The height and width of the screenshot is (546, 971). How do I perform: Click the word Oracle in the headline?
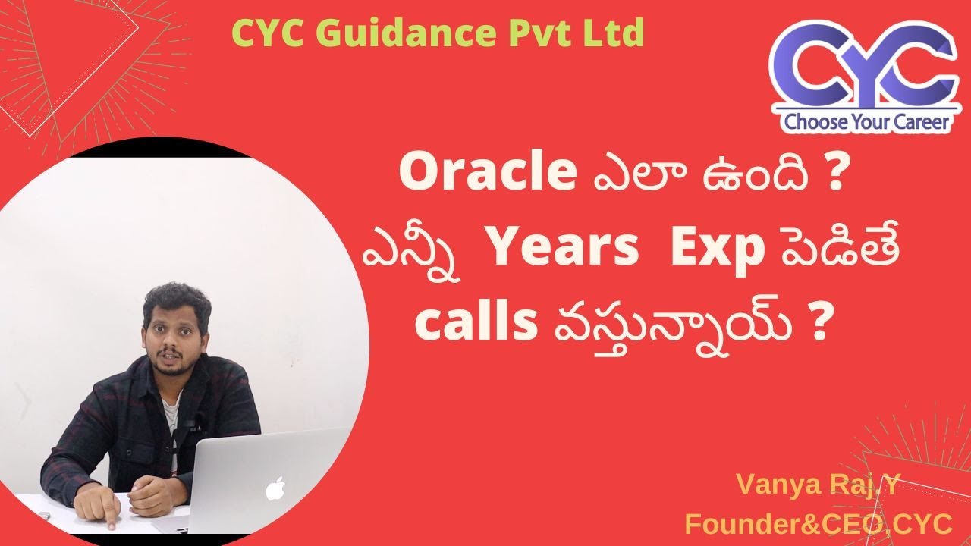click(486, 174)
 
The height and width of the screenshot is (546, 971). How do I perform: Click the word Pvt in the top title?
click(534, 33)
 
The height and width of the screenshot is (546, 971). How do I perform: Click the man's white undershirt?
click(171, 425)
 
